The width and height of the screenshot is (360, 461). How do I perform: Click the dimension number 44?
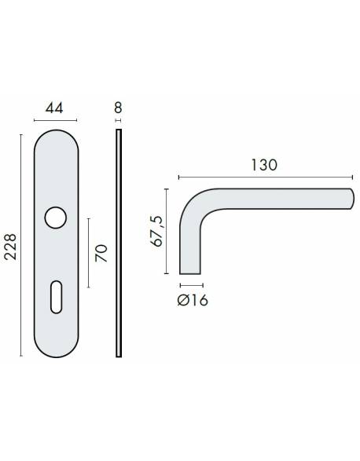(56, 108)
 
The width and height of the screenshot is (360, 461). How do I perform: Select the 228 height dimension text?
(10, 246)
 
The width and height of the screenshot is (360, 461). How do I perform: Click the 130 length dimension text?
(264, 166)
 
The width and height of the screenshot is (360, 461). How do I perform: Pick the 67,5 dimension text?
(156, 231)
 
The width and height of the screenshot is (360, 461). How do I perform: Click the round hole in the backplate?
(56, 218)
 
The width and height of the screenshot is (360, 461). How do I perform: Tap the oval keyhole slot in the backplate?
(56, 299)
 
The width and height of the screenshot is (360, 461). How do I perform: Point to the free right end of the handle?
(349, 200)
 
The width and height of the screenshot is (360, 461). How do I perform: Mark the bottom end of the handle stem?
(191, 271)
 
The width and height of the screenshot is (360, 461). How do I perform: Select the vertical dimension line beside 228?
(20, 246)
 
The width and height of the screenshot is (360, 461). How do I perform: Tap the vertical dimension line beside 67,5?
(167, 231)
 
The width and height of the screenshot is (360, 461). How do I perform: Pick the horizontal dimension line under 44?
(56, 119)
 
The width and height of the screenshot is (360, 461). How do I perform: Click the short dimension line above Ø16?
(191, 283)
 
